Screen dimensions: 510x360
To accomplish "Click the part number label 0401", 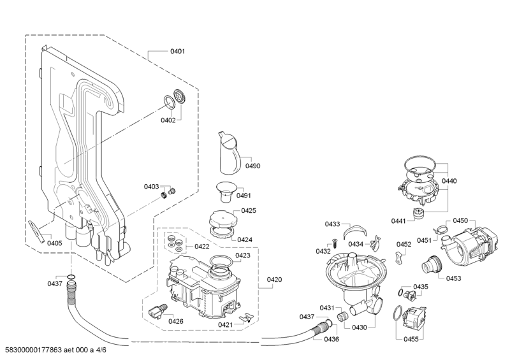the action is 178,51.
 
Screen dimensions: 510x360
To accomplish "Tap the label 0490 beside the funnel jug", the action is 252,166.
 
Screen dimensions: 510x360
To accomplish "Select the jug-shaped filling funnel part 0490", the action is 229,152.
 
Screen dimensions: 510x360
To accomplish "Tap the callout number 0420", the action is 274,279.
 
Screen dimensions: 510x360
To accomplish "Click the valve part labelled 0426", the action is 157,311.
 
